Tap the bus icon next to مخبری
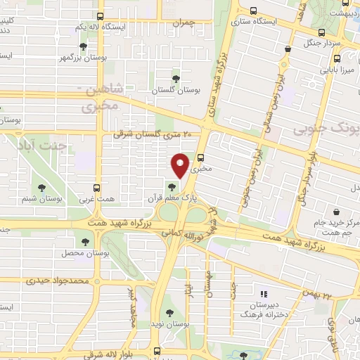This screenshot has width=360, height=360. pyautogui.click(x=201, y=157)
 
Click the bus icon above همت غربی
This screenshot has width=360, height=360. pyautogui.click(x=97, y=188)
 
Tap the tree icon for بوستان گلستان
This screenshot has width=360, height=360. pyautogui.click(x=176, y=79)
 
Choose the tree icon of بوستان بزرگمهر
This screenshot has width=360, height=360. pyautogui.click(x=84, y=46)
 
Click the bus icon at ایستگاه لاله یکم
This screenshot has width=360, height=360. pyautogui.click(x=100, y=15)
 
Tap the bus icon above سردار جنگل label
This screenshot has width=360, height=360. pyautogui.click(x=322, y=32)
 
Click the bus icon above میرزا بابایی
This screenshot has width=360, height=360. pyautogui.click(x=287, y=49)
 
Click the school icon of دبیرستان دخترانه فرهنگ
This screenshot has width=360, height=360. pyautogui.click(x=263, y=294)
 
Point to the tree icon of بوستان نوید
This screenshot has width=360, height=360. pyautogui.click(x=168, y=313)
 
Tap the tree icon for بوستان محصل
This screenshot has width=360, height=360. pyautogui.click(x=84, y=241)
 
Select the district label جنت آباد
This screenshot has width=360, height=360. pyautogui.click(x=44, y=146)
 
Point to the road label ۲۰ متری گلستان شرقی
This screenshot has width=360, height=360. pyautogui.click(x=157, y=134)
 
